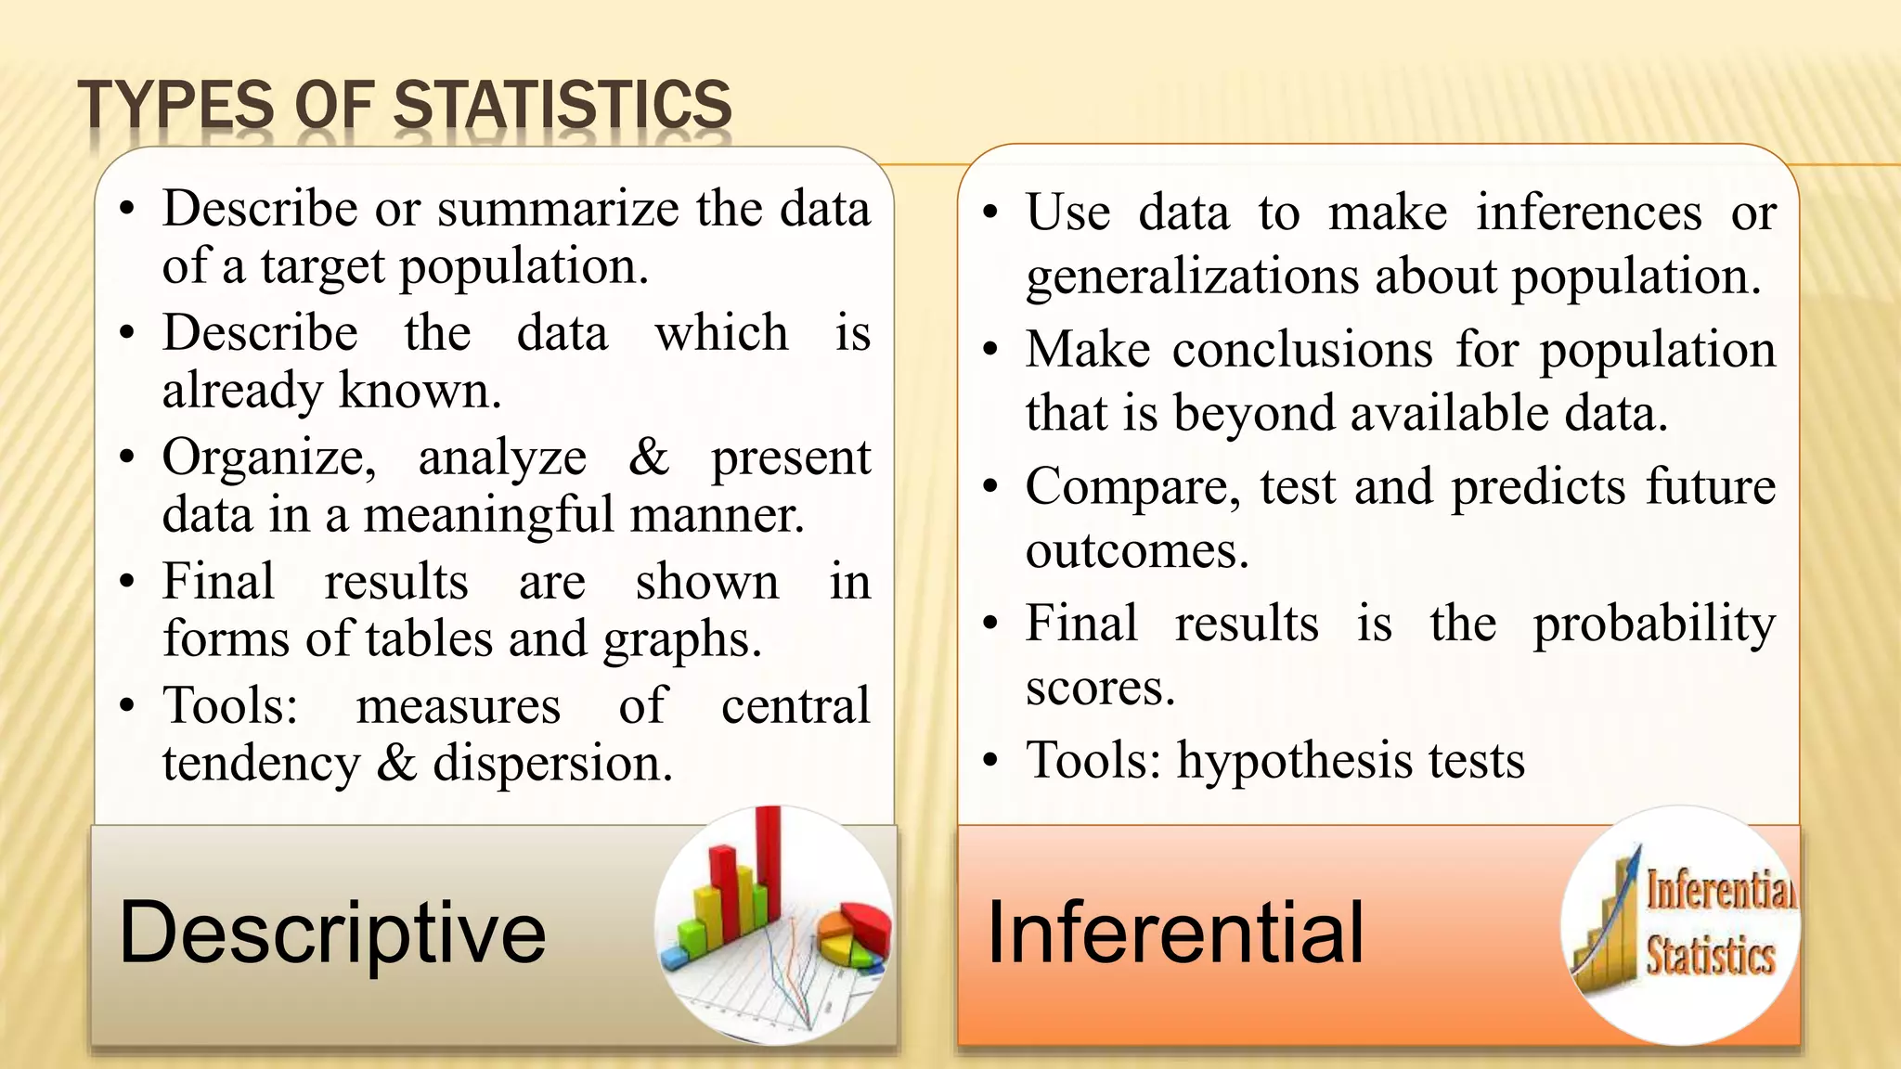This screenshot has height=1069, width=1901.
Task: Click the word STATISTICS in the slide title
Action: (x=563, y=104)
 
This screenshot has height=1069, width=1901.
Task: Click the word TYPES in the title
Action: (x=176, y=104)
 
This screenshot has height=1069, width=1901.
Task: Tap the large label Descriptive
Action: (x=332, y=932)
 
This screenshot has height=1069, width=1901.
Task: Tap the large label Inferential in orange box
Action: (x=1175, y=932)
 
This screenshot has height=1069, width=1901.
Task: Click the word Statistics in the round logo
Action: (x=1710, y=956)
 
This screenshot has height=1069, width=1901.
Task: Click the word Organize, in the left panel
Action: (x=269, y=457)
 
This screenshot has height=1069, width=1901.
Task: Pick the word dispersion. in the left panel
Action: (x=552, y=764)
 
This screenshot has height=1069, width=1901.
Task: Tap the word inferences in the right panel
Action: (x=1588, y=213)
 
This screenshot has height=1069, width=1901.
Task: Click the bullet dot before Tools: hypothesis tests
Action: (x=990, y=761)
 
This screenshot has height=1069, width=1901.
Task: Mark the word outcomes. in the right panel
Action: (x=1136, y=551)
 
